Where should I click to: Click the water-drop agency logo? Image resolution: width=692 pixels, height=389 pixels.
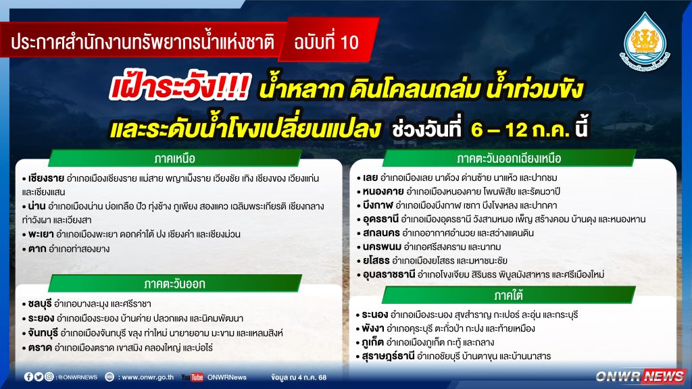pyautogui.click(x=645, y=42)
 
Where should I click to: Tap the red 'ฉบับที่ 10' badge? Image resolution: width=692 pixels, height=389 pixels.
pyautogui.click(x=327, y=42)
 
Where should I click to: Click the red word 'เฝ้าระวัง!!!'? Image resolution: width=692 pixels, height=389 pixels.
pyautogui.click(x=180, y=87)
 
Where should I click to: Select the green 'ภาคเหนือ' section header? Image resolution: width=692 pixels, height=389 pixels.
pyautogui.click(x=175, y=158)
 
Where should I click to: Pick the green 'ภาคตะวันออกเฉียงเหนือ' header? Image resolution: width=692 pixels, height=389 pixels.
pyautogui.click(x=509, y=158)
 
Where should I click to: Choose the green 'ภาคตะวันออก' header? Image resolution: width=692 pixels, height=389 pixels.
pyautogui.click(x=175, y=284)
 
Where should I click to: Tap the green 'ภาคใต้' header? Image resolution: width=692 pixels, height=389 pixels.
pyautogui.click(x=508, y=295)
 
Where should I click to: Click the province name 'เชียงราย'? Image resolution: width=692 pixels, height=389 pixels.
pyautogui.click(x=46, y=178)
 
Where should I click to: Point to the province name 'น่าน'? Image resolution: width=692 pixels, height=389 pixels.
pyautogui.click(x=36, y=206)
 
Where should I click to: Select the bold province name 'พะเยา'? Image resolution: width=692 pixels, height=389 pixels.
pyautogui.click(x=41, y=234)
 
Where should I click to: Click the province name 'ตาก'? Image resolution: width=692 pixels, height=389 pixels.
pyautogui.click(x=37, y=249)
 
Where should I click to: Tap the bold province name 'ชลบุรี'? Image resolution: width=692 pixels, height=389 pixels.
pyautogui.click(x=40, y=304)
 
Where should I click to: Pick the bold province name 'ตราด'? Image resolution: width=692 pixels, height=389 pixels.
pyautogui.click(x=40, y=348)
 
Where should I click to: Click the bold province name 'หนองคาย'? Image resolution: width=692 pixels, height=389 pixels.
pyautogui.click(x=383, y=191)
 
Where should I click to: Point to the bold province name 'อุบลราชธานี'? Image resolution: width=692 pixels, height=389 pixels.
pyautogui.click(x=389, y=274)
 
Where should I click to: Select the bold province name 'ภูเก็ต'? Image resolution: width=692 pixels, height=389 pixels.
pyautogui.click(x=372, y=342)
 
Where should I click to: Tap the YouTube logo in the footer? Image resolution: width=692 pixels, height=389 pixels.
pyautogui.click(x=193, y=378)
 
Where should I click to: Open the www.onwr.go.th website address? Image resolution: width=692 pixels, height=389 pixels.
pyautogui.click(x=147, y=378)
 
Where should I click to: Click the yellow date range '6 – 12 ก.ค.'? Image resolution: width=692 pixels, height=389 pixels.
pyautogui.click(x=520, y=130)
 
